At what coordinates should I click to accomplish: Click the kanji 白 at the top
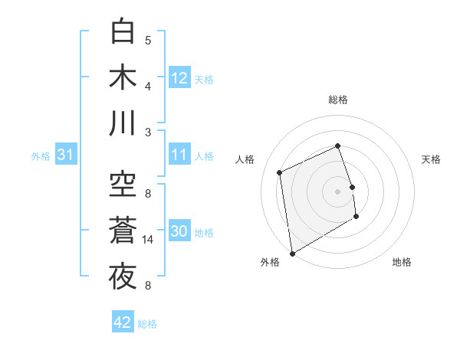[123, 31]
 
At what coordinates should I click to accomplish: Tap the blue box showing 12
[179, 78]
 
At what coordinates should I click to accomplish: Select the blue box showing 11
[179, 155]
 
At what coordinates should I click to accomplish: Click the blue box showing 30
[179, 232]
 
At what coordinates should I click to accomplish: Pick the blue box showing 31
[66, 155]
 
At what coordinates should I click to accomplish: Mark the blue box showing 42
[123, 322]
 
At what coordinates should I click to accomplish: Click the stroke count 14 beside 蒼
[149, 240]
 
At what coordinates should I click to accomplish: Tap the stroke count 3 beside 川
[148, 132]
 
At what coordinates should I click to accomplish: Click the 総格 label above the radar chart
[338, 100]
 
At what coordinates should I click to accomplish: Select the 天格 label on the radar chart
[432, 159]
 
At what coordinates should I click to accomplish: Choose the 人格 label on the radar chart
[245, 159]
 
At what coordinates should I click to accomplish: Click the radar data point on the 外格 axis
[291, 253]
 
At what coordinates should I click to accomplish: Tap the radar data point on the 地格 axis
[356, 217]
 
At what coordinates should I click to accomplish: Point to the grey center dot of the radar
[338, 191]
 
